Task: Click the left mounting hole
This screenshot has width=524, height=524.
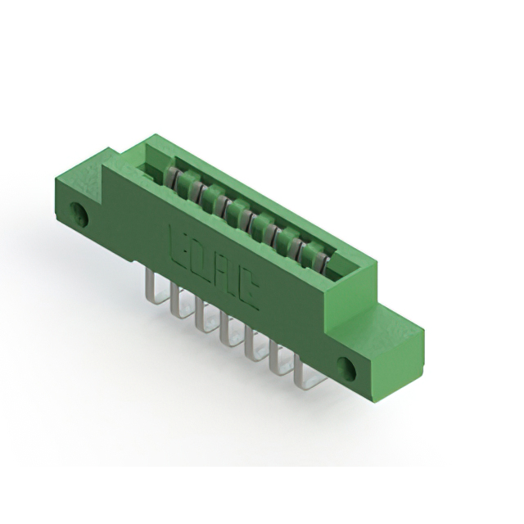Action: click(80, 215)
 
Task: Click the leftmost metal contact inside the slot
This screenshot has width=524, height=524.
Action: click(171, 176)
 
